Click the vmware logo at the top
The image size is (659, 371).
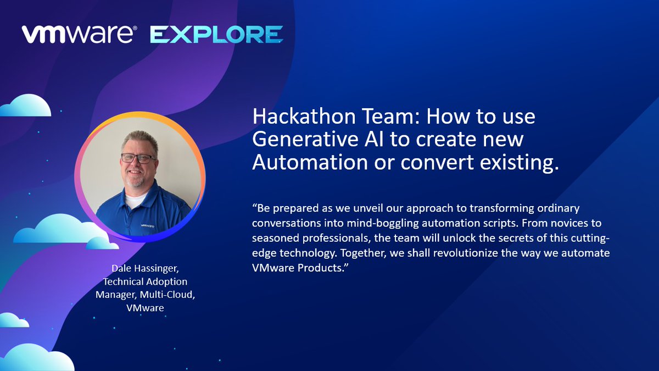tap(79, 35)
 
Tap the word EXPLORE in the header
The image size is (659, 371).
tap(216, 35)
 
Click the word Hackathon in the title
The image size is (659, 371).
tap(304, 117)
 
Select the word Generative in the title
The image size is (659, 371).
tap(305, 139)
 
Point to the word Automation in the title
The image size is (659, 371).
tap(310, 162)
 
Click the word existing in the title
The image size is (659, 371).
tap(520, 163)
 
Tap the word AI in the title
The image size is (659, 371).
tap(374, 139)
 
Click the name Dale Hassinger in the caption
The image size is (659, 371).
tap(145, 269)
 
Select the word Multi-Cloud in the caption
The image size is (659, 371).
tap(167, 295)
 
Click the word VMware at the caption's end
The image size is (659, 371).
tap(145, 308)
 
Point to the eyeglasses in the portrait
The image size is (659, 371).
tap(138, 158)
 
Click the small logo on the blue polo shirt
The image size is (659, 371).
tap(147, 226)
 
